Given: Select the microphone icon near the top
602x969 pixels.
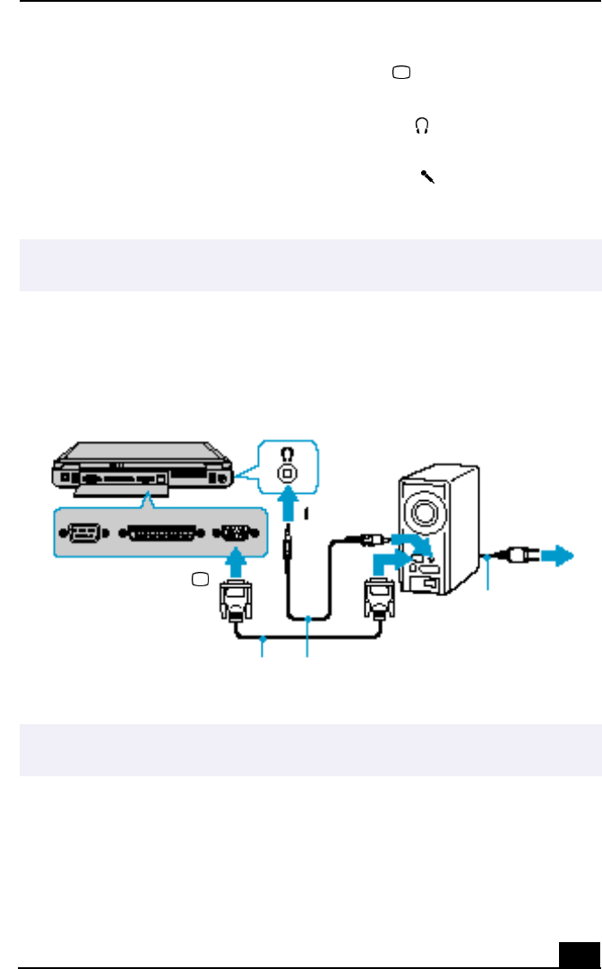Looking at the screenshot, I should tap(426, 177).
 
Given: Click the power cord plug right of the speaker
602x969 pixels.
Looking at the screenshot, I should tap(514, 554).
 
